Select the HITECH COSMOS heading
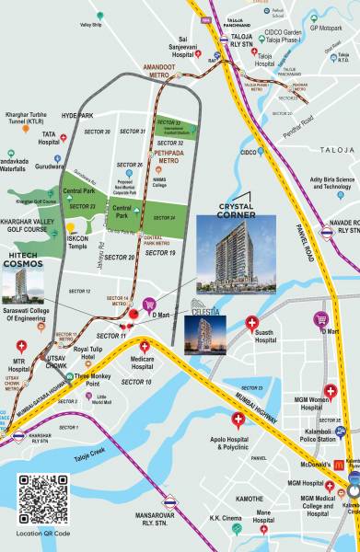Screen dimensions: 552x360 click(x=23, y=261)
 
